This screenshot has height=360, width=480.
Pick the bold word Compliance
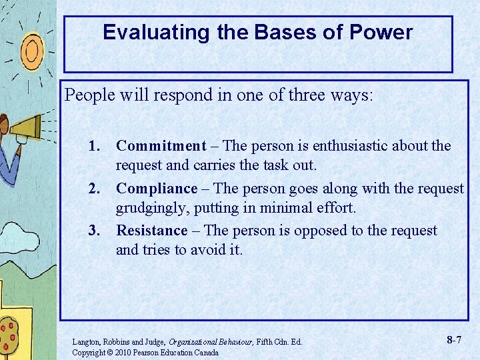click(x=157, y=189)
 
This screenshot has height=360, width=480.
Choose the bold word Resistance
click(x=152, y=231)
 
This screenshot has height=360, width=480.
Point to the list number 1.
click(x=98, y=146)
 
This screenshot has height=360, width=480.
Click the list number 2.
click(x=98, y=189)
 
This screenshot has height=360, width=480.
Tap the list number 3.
click(x=98, y=231)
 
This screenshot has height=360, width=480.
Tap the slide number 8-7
click(x=455, y=340)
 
